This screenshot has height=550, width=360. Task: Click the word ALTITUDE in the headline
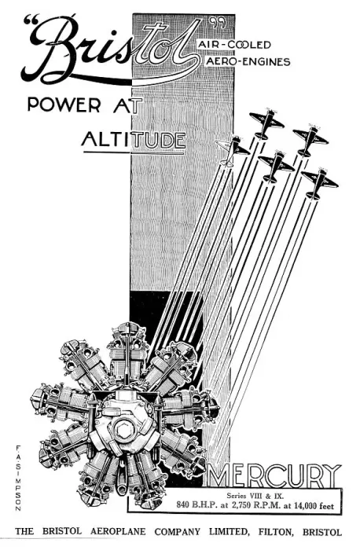click(x=134, y=140)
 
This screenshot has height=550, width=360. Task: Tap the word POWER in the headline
click(x=64, y=104)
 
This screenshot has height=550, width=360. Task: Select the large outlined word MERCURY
click(x=275, y=475)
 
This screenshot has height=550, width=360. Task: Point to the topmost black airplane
click(x=266, y=124)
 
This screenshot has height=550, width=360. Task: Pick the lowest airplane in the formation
click(x=319, y=183)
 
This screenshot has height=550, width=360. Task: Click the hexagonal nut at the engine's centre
click(x=123, y=430)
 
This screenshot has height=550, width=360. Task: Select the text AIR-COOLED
click(x=234, y=45)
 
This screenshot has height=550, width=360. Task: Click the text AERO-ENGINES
click(x=248, y=62)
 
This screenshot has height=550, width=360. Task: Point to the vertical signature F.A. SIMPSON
click(x=18, y=478)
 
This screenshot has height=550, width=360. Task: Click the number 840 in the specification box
click(x=183, y=505)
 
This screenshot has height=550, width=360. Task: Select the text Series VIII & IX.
click(x=255, y=496)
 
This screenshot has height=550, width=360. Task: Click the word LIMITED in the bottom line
click(x=229, y=532)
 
